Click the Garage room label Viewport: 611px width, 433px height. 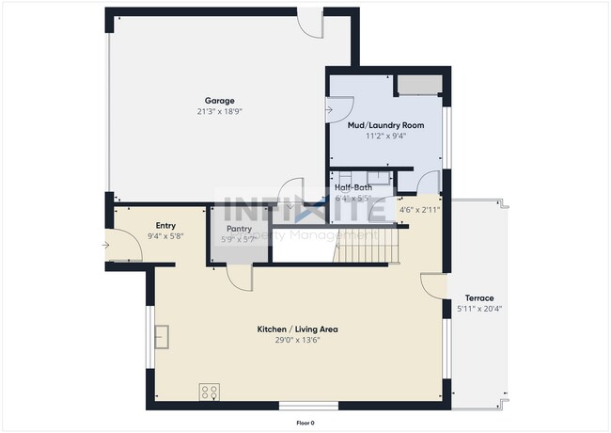pos(219,101)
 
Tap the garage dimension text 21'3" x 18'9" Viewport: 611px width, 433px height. pos(219,111)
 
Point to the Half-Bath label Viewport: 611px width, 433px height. pos(353,188)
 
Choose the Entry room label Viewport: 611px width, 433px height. pos(165,225)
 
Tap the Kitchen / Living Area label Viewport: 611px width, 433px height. pos(297,329)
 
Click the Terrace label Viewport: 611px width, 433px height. pos(479,298)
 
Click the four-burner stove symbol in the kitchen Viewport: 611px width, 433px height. pos(210,392)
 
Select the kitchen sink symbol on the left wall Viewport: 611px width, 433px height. pos(163,335)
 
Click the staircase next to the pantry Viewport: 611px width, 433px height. pos(364,250)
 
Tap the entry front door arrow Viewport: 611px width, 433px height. pos(106,247)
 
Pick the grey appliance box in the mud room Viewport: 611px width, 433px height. pos(416,87)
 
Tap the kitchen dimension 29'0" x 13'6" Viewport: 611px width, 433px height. pos(297,340)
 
